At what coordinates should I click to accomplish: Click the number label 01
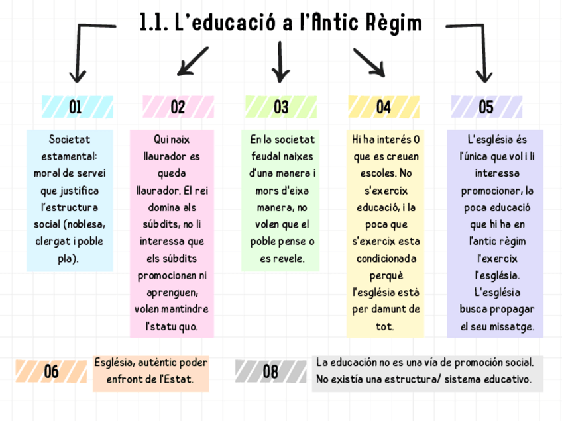(x=76, y=107)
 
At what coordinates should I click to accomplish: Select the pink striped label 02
(x=178, y=107)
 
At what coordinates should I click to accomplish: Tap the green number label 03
(x=280, y=107)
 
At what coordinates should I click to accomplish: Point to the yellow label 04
(x=383, y=107)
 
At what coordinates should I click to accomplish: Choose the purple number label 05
(x=486, y=107)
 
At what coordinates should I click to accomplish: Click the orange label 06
(x=51, y=372)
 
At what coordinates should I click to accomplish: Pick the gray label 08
(x=270, y=372)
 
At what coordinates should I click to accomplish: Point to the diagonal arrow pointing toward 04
(x=368, y=62)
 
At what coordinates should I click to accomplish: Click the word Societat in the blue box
(x=70, y=140)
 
